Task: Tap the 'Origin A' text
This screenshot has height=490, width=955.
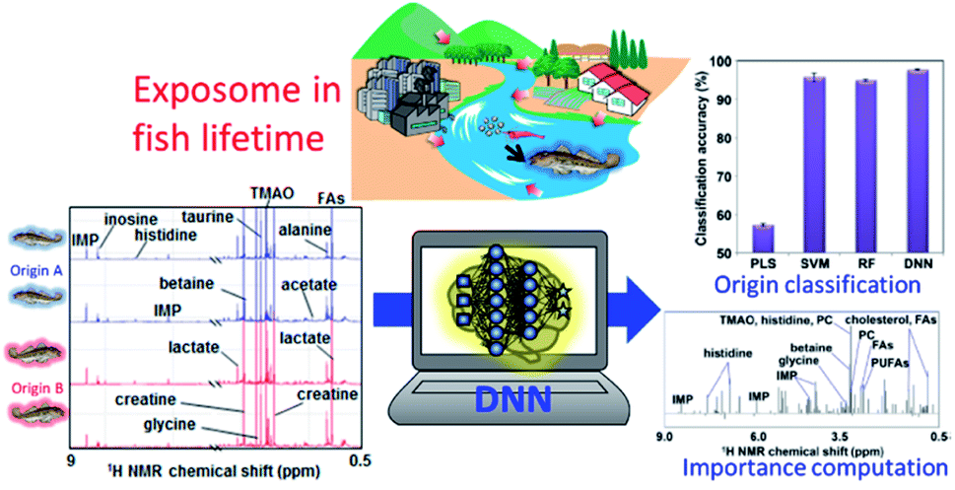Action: pos(36,268)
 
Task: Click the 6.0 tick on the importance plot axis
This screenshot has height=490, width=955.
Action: pos(757,436)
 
